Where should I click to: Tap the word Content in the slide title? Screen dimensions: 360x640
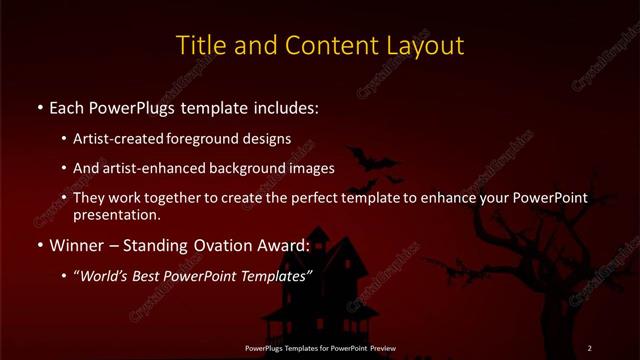pos(325,46)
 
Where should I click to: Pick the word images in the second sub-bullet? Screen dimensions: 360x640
pos(312,169)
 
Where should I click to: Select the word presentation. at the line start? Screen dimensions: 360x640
pos(116,214)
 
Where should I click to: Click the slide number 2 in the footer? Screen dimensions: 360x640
pos(590,348)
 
